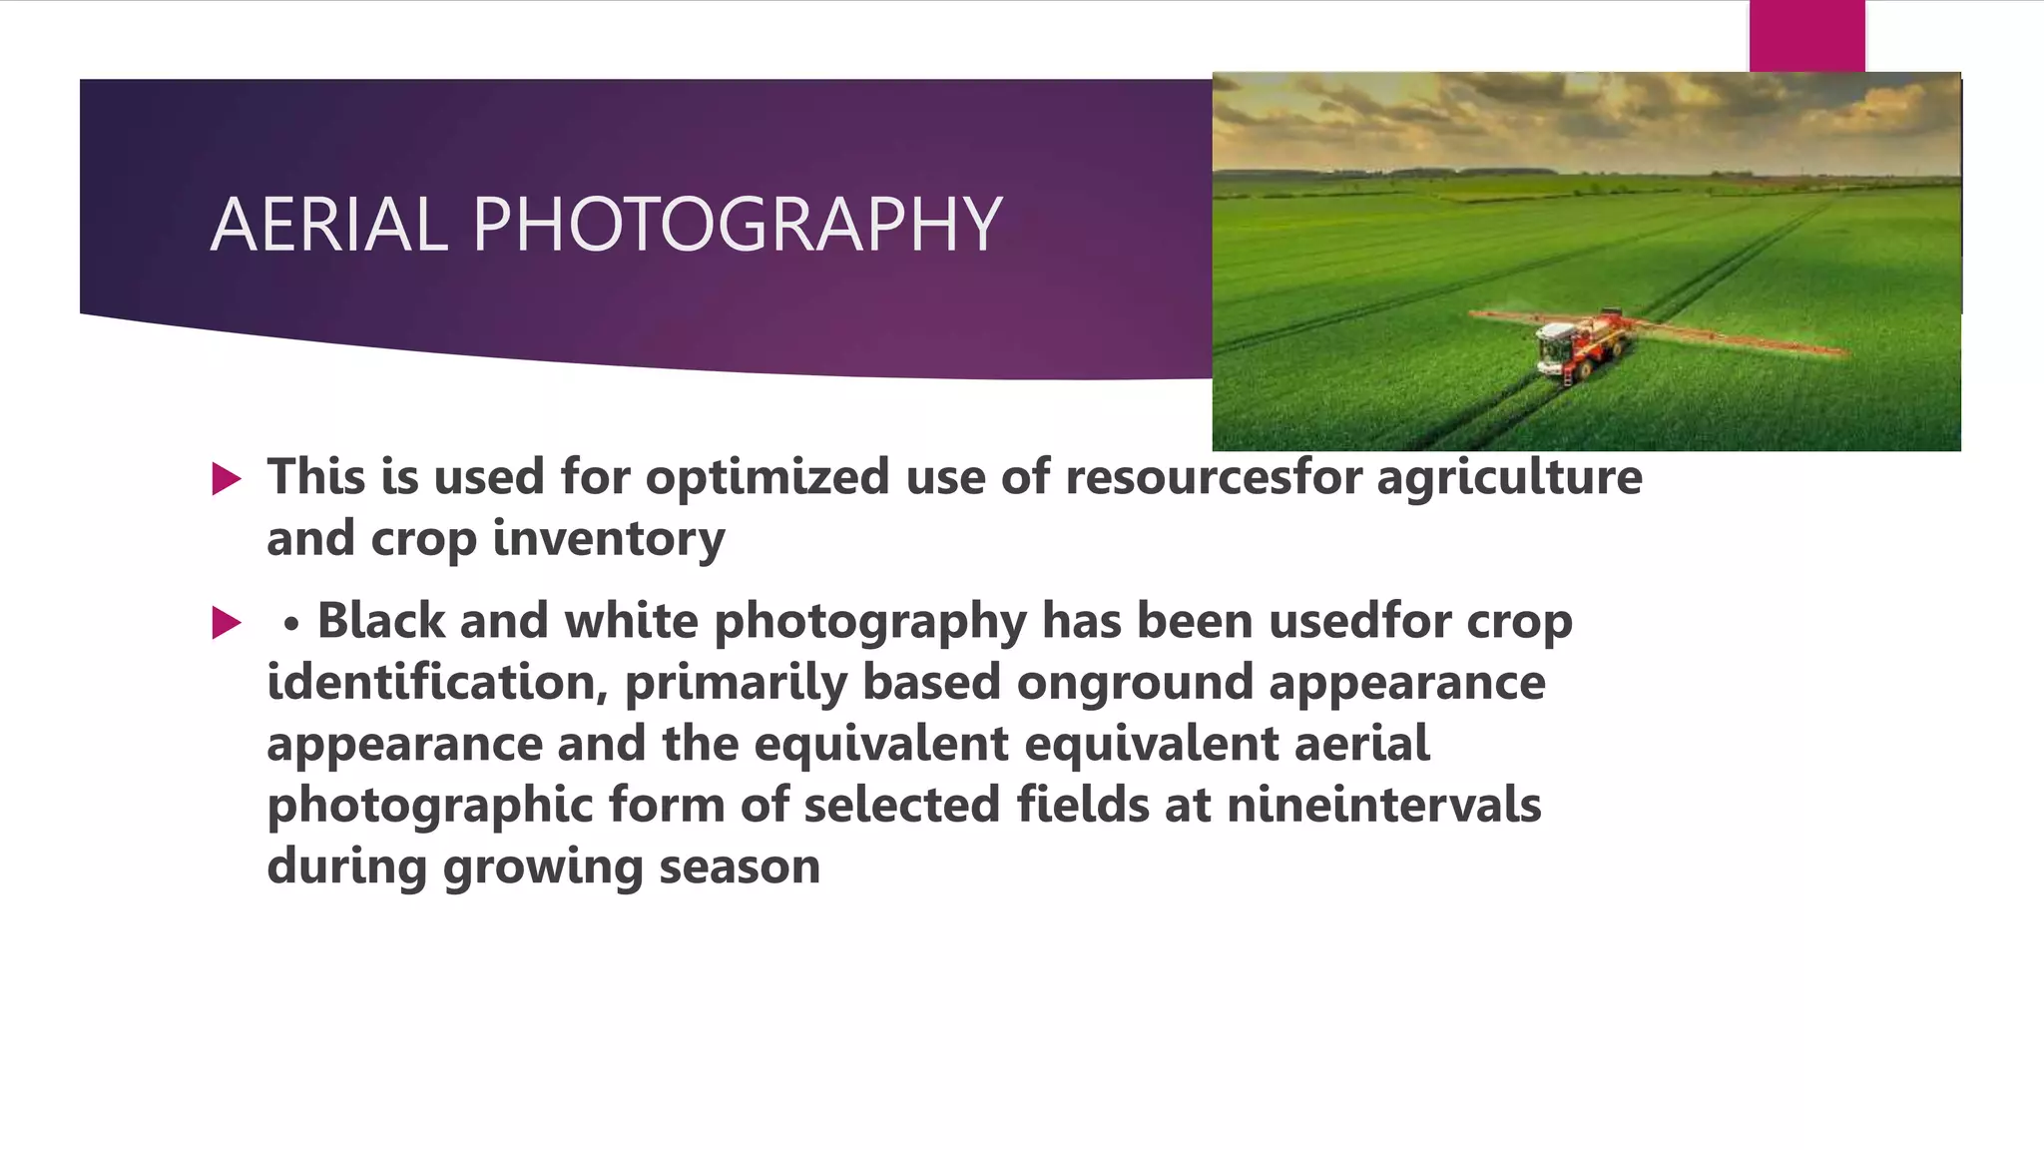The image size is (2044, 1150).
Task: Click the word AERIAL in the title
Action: click(x=329, y=224)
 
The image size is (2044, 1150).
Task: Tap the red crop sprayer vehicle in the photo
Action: click(x=1577, y=344)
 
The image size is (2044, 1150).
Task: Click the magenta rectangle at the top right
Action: click(x=1806, y=36)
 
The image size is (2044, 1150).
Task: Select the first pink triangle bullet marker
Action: click(x=227, y=479)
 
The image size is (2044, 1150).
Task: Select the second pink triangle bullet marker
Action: click(x=227, y=624)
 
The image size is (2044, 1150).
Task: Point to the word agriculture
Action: click(x=1509, y=476)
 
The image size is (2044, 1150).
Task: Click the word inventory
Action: click(x=609, y=538)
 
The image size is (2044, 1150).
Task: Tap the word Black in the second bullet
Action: click(x=380, y=621)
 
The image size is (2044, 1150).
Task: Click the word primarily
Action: click(x=735, y=682)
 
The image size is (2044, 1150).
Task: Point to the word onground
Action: click(x=1134, y=684)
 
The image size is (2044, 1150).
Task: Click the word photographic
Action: click(x=430, y=805)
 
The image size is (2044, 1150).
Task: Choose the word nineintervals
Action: click(x=1383, y=805)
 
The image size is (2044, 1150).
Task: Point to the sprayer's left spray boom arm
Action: click(x=1507, y=317)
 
